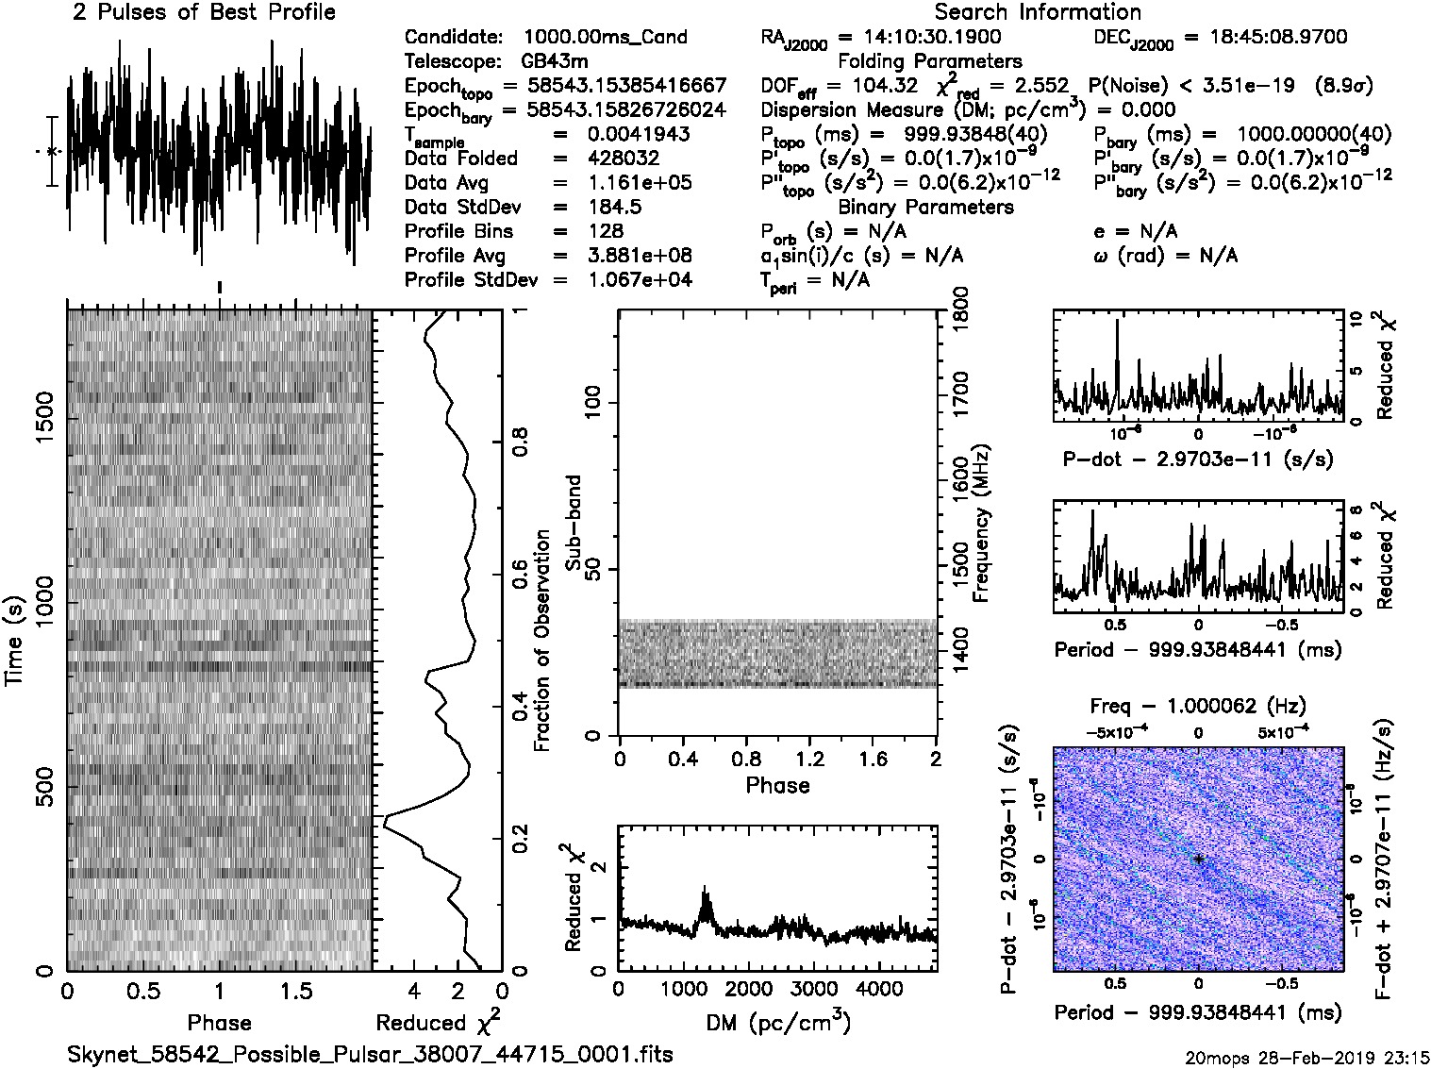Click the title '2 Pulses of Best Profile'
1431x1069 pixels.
point(203,12)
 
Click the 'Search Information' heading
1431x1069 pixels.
point(1037,12)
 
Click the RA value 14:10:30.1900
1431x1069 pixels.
point(920,37)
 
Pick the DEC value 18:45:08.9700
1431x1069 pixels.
point(1265,37)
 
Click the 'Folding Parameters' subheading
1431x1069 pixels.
point(929,61)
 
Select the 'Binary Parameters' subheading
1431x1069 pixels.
point(925,207)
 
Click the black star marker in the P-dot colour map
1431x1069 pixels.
point(1198,859)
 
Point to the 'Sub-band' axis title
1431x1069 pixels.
point(574,522)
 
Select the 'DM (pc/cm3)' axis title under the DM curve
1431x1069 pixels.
point(777,1023)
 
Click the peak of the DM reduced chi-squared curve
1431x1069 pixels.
point(704,888)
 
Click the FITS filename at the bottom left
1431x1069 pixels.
point(370,1053)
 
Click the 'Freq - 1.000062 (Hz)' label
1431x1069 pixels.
point(1198,706)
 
